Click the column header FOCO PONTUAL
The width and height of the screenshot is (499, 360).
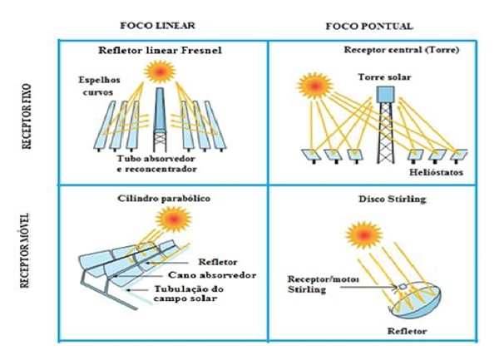[373, 26]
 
